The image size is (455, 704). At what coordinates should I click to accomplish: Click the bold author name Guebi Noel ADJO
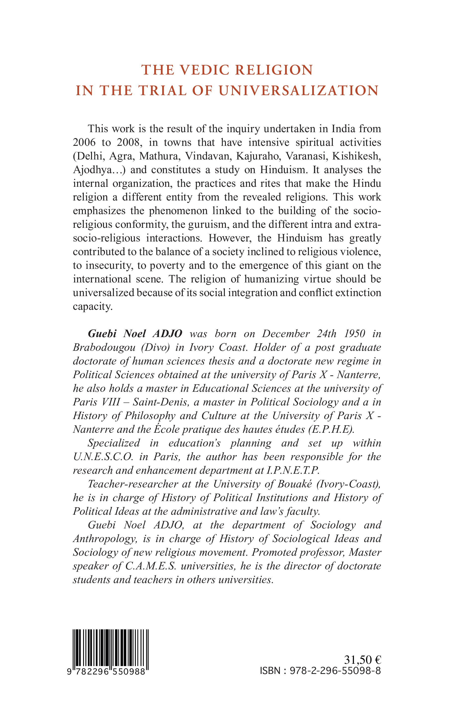tap(135, 333)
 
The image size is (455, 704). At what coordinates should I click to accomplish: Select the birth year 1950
tap(354, 333)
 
